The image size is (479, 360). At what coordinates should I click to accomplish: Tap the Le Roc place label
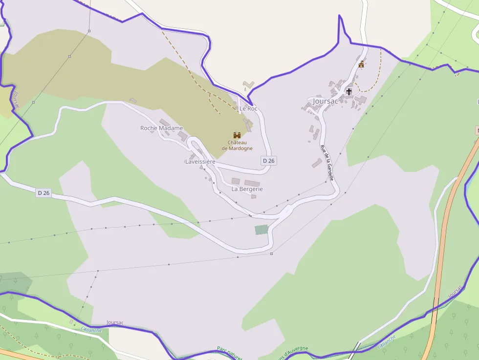click(248, 108)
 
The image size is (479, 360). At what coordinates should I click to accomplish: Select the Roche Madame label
click(161, 128)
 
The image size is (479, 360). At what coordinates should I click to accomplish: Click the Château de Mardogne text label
click(237, 145)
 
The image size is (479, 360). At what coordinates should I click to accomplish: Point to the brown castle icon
click(237, 135)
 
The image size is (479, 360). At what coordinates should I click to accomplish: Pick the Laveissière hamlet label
click(200, 162)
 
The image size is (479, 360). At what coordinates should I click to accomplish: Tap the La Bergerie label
click(247, 189)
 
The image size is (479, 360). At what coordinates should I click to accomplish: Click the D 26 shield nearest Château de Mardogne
click(269, 161)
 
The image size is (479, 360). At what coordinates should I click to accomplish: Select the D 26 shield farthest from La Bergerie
click(44, 193)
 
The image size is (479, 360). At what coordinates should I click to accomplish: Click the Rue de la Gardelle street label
click(327, 163)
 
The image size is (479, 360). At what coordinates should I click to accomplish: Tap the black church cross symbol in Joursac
click(349, 91)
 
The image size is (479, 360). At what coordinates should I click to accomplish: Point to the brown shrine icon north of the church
click(362, 64)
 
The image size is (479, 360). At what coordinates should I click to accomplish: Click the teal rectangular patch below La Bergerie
click(261, 230)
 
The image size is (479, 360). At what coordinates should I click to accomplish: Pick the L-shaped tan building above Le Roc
click(249, 85)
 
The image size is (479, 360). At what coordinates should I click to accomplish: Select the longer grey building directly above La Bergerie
click(252, 183)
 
